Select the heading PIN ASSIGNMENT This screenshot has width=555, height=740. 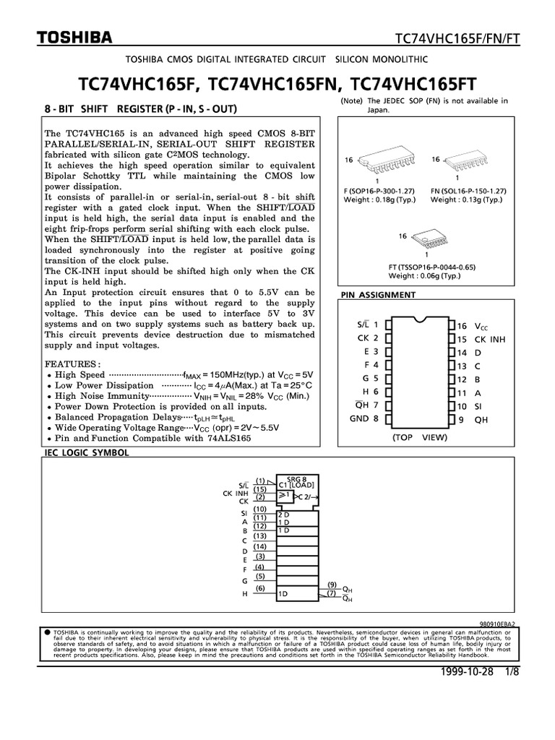point(377,295)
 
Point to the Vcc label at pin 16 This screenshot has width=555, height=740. point(481,327)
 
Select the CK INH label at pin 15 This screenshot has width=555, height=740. point(489,340)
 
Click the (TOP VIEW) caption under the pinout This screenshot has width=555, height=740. point(420,438)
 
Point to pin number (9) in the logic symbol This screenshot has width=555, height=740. point(332,584)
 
